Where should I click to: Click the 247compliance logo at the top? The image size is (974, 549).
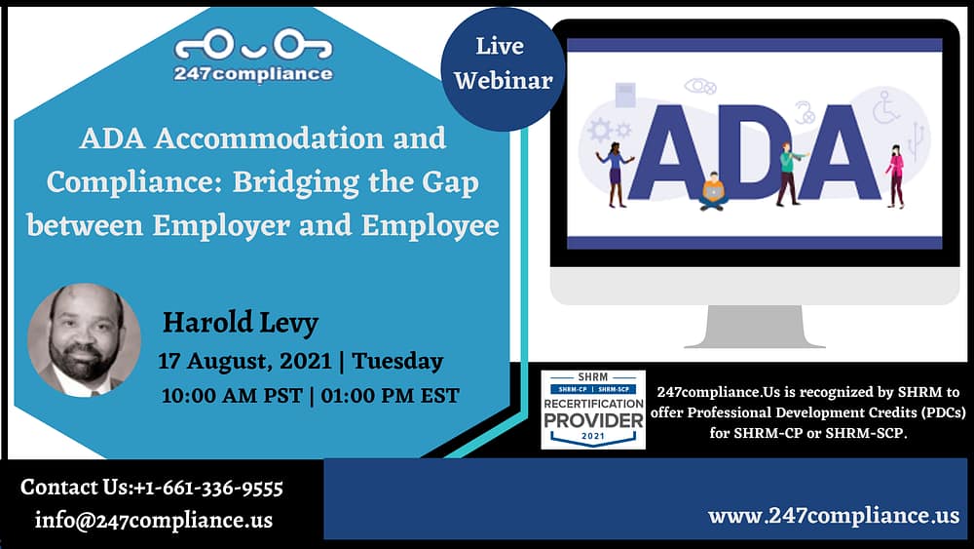pos(253,56)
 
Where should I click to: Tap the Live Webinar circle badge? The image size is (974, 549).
pos(504,68)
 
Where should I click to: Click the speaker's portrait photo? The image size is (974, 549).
pos(84,340)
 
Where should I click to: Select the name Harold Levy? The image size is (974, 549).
pos(241,323)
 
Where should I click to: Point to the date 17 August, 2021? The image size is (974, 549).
pos(244,361)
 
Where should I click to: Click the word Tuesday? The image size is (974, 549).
pos(397,361)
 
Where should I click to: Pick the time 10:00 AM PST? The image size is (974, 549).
pos(232,396)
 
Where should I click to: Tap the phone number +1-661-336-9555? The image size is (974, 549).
pos(208,488)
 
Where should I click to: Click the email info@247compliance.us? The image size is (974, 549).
pos(154,520)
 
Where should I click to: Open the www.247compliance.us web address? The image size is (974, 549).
pos(834,516)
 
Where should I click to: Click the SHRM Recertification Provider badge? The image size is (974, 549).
pos(593,410)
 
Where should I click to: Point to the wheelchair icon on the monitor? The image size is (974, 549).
pos(885,106)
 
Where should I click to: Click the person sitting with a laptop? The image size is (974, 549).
pos(713,191)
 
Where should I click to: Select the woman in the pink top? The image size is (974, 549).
pos(895,176)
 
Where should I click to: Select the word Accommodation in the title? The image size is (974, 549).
pos(269,138)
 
